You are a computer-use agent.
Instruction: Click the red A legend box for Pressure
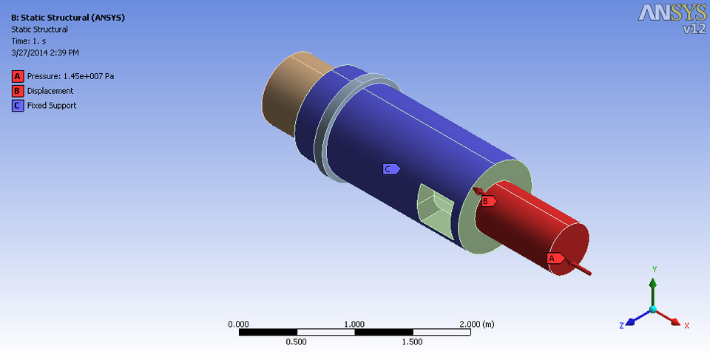pos(16,76)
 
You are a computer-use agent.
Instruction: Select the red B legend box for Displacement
pos(16,91)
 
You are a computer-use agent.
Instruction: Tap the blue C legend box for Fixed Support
pos(16,106)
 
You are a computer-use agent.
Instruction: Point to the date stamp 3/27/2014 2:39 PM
pos(45,53)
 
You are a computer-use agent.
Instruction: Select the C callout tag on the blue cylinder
pos(390,169)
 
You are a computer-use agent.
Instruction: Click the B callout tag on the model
pos(487,200)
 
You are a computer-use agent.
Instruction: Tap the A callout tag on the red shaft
pos(553,258)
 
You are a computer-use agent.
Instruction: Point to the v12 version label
pos(694,29)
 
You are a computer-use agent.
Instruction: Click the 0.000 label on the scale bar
pos(239,325)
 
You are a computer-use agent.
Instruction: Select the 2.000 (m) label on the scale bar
pos(476,325)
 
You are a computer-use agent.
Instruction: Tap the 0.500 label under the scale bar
pos(297,342)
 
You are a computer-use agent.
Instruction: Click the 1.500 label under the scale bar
pos(412,342)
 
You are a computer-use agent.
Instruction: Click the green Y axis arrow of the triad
pos(652,285)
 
